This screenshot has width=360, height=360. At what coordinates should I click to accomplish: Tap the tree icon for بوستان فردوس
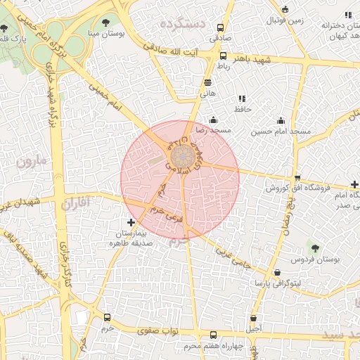click(x=314, y=247)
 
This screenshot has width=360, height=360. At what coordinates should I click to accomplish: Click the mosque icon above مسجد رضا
click(x=213, y=120)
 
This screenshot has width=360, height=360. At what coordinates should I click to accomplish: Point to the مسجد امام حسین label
click(x=281, y=131)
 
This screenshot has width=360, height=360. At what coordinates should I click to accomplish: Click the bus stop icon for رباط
click(x=223, y=56)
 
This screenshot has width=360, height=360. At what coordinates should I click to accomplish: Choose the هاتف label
click(x=207, y=92)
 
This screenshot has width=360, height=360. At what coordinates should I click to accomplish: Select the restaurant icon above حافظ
click(x=243, y=98)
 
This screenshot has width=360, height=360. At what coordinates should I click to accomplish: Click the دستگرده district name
click(x=182, y=25)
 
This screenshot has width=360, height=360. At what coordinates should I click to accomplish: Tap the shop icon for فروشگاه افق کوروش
click(x=297, y=178)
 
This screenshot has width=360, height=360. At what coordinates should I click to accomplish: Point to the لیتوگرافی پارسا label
click(x=277, y=283)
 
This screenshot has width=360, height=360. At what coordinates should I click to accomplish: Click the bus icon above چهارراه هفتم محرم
click(x=214, y=335)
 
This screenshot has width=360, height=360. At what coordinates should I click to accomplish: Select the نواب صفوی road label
click(x=159, y=330)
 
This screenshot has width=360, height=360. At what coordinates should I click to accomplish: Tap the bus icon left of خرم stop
click(x=107, y=317)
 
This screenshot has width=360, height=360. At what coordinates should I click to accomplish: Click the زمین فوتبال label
click(x=285, y=20)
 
